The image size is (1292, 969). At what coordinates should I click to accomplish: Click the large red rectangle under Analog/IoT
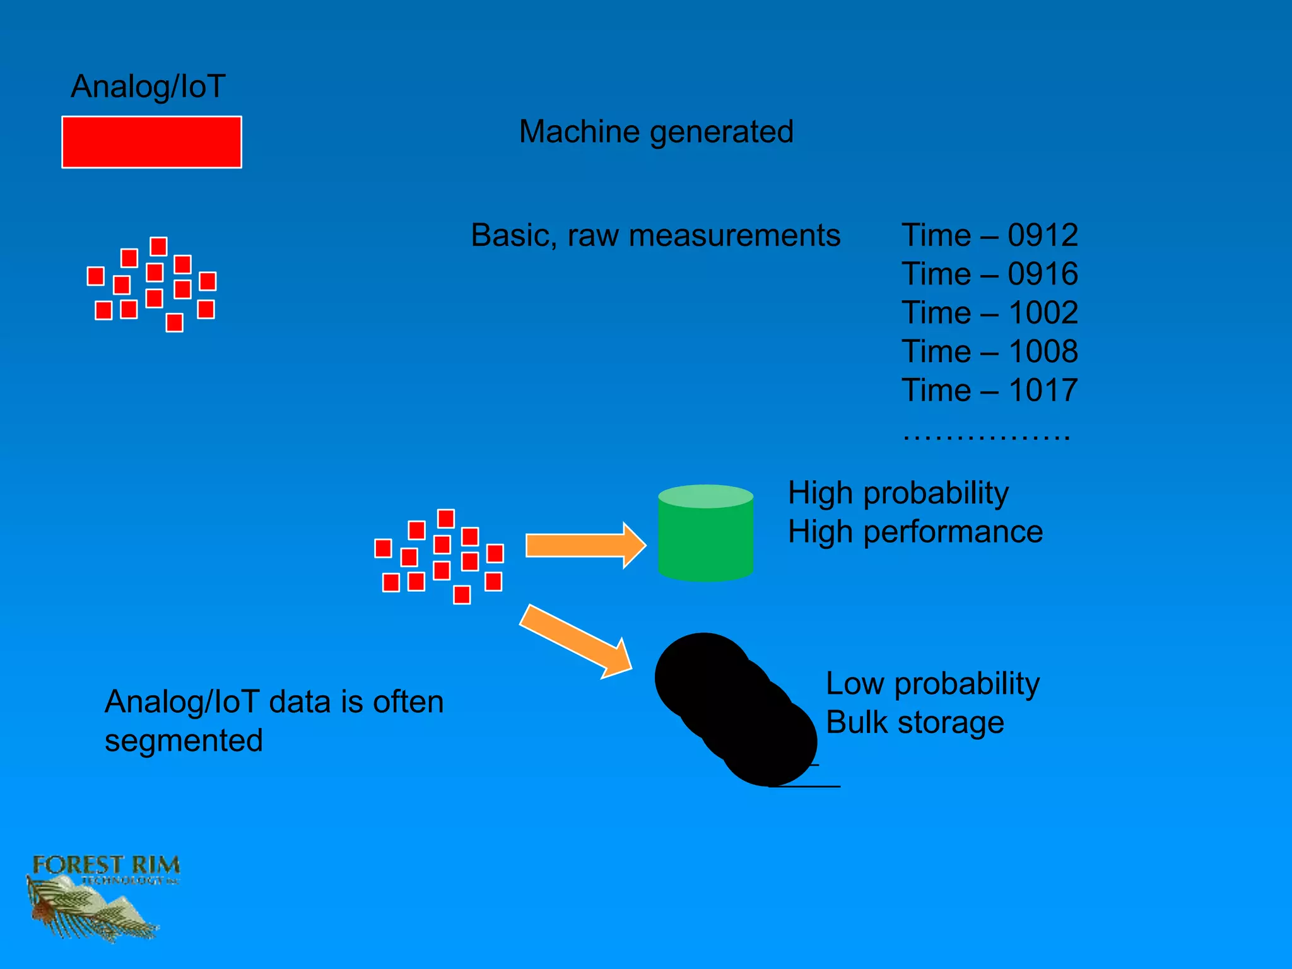(x=151, y=142)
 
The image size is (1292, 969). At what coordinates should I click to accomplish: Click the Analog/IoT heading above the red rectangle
(x=148, y=86)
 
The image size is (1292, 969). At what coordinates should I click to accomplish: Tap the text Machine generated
(x=656, y=132)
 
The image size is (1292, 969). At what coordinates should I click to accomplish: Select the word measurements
(x=734, y=235)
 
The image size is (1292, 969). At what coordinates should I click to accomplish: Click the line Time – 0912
(x=989, y=235)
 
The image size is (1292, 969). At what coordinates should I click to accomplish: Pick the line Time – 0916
(x=989, y=274)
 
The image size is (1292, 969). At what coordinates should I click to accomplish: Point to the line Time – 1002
(x=989, y=313)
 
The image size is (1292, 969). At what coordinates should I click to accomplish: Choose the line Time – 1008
(x=989, y=351)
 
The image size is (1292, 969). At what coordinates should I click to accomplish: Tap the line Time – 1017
(x=989, y=391)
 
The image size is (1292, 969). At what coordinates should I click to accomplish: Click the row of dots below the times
(x=986, y=436)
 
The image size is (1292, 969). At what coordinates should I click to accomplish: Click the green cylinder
(x=705, y=536)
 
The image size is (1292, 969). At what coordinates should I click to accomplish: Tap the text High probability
(x=898, y=493)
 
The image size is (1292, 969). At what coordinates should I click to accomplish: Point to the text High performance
(x=915, y=532)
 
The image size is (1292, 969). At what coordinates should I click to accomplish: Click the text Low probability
(x=932, y=684)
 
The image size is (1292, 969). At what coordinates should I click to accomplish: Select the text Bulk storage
(x=915, y=722)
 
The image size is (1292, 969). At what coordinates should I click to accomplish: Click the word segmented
(x=184, y=741)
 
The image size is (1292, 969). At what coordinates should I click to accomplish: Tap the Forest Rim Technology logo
(x=101, y=896)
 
